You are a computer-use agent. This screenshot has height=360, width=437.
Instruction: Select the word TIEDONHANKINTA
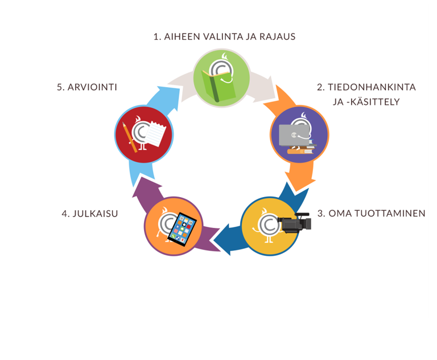(x=372, y=87)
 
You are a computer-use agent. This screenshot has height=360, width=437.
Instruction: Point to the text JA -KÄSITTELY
(x=366, y=102)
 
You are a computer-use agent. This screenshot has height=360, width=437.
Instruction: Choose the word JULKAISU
(x=96, y=214)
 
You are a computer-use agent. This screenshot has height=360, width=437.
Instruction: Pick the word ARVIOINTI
(x=92, y=87)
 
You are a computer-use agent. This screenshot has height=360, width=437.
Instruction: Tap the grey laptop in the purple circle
(x=295, y=135)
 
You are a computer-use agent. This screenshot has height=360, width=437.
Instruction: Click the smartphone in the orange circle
(x=182, y=230)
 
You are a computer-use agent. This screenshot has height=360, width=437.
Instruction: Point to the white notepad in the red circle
(x=155, y=133)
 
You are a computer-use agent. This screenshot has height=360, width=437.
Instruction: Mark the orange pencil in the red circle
(x=130, y=137)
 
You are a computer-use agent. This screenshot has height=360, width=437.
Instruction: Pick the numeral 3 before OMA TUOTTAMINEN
(x=320, y=214)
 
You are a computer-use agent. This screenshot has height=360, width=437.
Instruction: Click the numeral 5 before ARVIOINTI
(x=60, y=87)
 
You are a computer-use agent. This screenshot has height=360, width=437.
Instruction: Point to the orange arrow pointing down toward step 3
(x=295, y=140)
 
